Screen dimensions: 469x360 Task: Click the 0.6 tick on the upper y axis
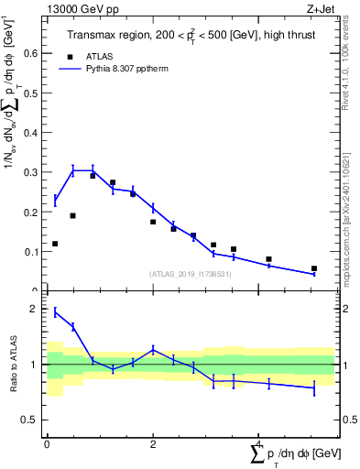point(29,53)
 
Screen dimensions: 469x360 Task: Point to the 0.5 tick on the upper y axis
point(29,93)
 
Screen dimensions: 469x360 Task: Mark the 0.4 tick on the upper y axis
point(29,133)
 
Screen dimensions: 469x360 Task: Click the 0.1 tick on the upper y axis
point(29,252)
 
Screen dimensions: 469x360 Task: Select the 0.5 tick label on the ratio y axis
point(29,420)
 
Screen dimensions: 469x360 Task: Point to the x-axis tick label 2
point(153,443)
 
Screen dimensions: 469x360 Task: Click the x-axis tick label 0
point(47,443)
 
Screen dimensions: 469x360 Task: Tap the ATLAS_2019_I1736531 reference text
point(191,274)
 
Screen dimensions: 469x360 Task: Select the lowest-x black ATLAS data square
point(55,244)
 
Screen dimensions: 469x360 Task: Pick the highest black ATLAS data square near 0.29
point(93,176)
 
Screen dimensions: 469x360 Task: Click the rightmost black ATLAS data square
point(314,268)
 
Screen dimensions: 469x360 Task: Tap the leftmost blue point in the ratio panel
point(55,312)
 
